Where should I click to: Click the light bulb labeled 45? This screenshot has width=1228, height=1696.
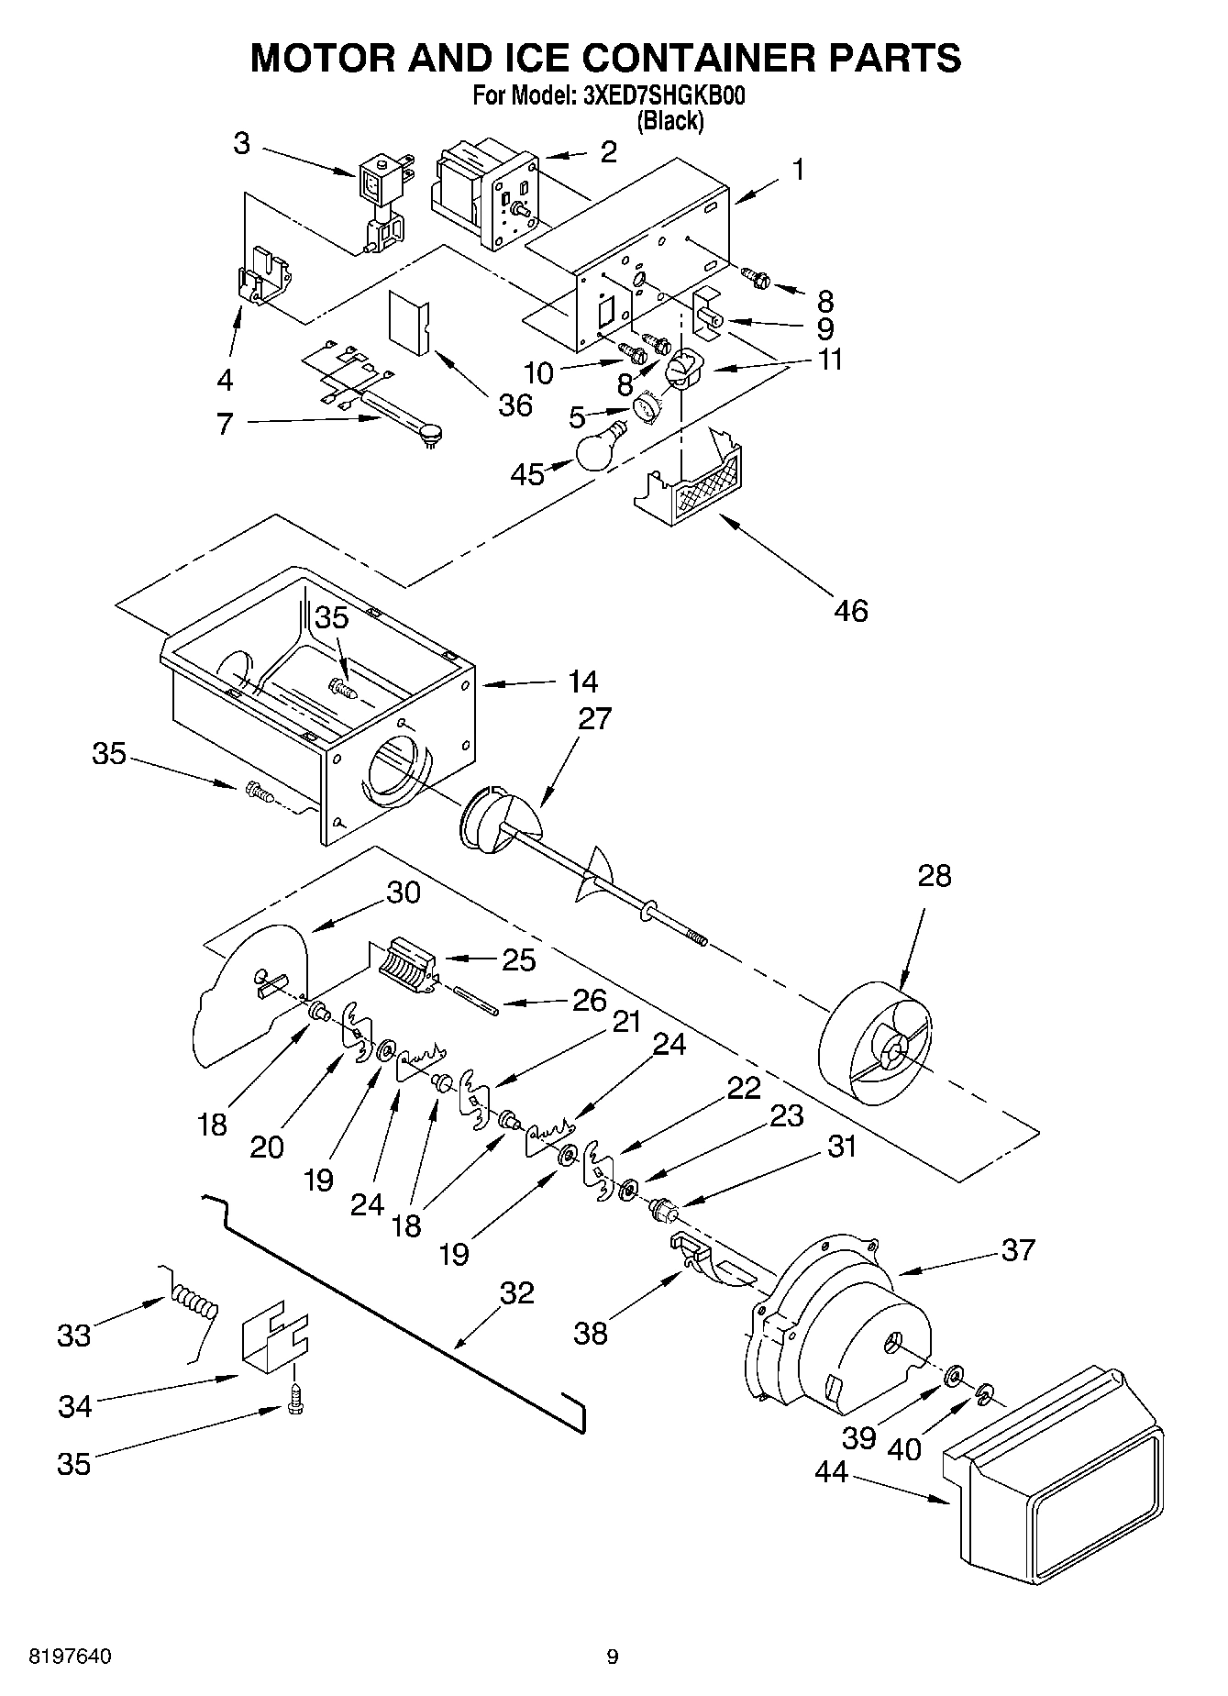click(599, 447)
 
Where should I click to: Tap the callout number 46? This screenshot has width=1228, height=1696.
click(851, 610)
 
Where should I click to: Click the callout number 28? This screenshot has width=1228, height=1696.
click(934, 876)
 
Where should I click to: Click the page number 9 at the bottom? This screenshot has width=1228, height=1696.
click(612, 1657)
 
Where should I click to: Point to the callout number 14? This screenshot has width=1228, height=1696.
click(582, 682)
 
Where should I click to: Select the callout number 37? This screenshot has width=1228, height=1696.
click(1017, 1250)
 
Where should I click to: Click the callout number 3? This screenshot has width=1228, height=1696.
click(241, 144)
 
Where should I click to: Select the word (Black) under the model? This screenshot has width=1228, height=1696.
click(670, 121)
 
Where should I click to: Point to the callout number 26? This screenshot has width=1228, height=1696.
click(589, 1000)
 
